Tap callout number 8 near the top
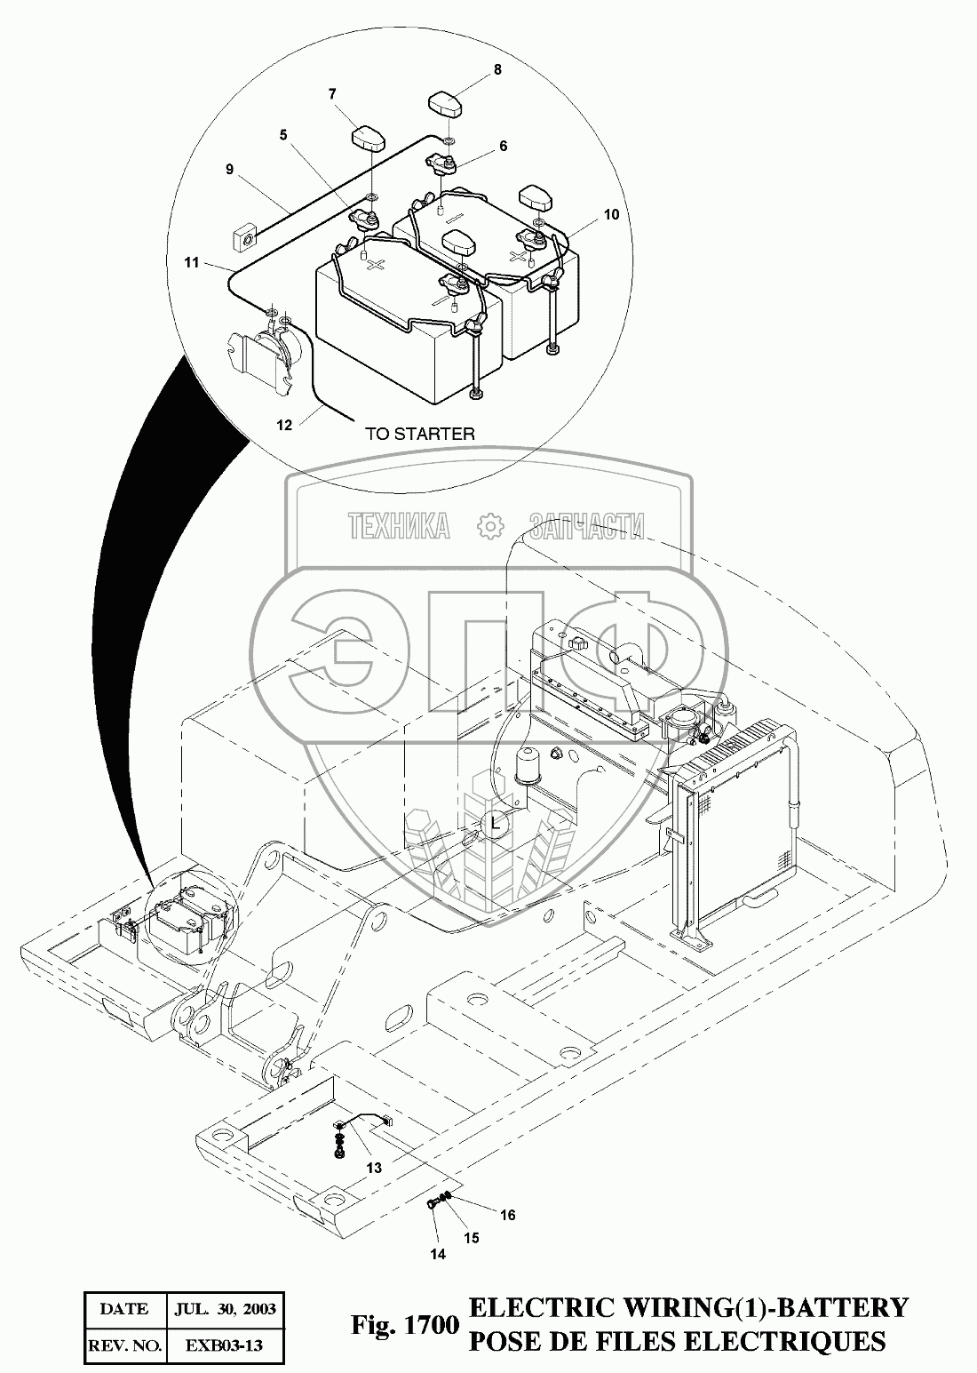coord(496,68)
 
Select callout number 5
coord(283,135)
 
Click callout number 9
coord(229,169)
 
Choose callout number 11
coord(191,263)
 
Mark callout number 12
coord(284,425)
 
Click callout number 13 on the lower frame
coord(374,1168)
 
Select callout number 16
coord(507,1214)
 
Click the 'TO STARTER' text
coord(420,435)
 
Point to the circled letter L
coord(496,825)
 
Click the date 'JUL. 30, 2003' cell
coord(226,1309)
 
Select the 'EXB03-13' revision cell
coord(226,1346)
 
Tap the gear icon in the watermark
coord(489,526)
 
